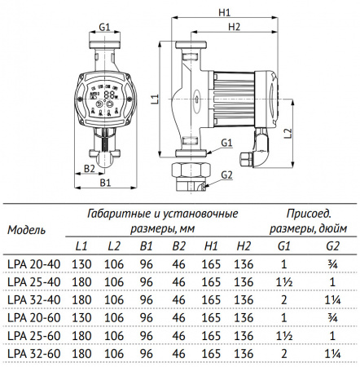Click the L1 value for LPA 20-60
tap(82, 317)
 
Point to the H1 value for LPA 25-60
tap(209, 335)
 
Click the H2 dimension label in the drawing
tap(235, 27)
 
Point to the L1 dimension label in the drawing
tap(156, 99)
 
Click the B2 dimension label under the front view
tap(91, 169)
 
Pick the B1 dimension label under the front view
tap(106, 183)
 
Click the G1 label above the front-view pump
tap(104, 26)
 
